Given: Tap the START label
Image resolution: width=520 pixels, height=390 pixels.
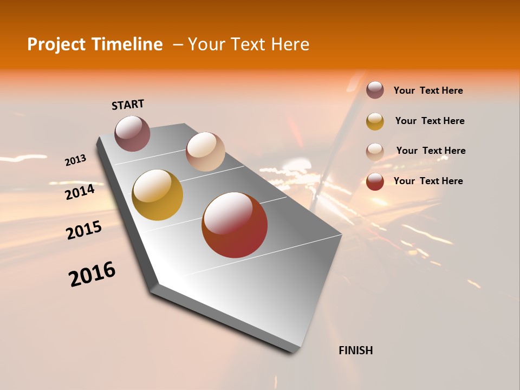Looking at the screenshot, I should [128, 105].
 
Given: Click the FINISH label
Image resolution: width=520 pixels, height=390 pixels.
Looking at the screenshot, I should [356, 350].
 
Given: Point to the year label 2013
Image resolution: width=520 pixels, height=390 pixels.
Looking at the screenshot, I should [76, 160].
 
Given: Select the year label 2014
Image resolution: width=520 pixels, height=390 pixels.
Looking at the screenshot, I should [80, 192].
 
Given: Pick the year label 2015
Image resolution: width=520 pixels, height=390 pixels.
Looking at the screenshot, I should [84, 230].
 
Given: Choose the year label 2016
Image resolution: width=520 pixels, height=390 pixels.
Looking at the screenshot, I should [92, 274].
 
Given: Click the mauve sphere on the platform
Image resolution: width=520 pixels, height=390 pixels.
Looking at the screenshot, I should [132, 133].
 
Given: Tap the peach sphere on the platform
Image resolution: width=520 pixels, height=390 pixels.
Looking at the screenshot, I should [205, 152].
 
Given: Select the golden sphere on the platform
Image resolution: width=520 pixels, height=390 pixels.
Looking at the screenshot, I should [158, 195].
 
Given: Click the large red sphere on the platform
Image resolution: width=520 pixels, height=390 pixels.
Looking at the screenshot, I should [235, 225].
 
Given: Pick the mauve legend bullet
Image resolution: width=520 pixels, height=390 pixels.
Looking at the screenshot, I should [375, 90].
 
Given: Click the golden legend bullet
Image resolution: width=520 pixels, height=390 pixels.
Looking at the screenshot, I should [375, 121].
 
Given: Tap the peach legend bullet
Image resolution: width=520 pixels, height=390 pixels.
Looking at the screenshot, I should [375, 151].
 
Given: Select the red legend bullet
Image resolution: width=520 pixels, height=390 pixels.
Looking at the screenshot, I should [375, 181].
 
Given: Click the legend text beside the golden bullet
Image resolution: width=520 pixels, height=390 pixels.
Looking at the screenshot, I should [430, 121].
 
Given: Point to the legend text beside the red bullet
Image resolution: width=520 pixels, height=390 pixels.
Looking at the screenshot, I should [428, 181].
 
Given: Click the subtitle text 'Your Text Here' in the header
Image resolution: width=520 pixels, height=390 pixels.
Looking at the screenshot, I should [249, 44].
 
